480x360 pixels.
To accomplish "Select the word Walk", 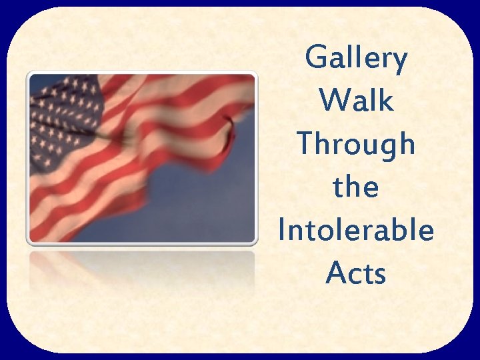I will (356, 101).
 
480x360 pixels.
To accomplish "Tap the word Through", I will (356, 145).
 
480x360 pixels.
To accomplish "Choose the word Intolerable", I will (356, 230).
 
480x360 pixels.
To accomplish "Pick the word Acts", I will (356, 273).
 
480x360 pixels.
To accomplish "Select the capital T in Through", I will (305, 143).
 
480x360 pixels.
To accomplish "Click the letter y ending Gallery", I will (398, 63).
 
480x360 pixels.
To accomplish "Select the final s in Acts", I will (379, 275).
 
